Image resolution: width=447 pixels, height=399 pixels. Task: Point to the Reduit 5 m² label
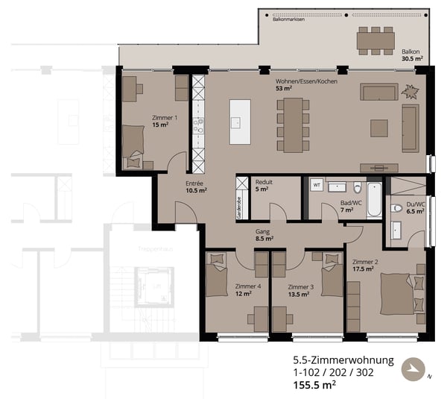[264, 185]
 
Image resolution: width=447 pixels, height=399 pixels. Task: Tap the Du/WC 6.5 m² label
[414, 207]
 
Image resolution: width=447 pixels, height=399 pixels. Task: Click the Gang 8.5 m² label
[264, 235]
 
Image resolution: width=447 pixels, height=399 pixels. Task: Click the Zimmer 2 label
[363, 265]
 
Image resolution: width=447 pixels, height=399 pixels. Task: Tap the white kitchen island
[239, 122]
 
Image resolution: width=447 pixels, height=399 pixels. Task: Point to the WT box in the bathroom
[316, 184]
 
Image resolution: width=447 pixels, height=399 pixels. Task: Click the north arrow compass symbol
[412, 368]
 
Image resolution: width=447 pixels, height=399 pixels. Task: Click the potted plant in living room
[410, 91]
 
